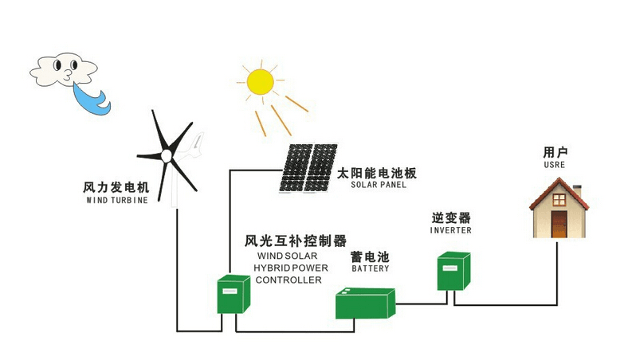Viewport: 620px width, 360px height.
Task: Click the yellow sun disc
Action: pos(260,82)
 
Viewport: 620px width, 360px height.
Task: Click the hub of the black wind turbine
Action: pos(167,154)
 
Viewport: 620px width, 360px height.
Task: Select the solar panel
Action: pos(308,167)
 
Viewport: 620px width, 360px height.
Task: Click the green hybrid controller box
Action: pos(234,294)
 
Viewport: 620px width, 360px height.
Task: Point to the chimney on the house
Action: pos(577,192)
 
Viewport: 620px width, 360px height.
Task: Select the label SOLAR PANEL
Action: pos(379,185)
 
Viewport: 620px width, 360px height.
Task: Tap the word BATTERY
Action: pos(371,269)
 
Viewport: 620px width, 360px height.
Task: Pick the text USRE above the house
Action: pos(554,165)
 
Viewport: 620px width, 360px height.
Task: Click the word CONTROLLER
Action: pos(289,280)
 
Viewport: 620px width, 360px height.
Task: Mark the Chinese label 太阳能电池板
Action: pos(377,172)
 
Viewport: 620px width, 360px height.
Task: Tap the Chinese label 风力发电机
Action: pos(116,188)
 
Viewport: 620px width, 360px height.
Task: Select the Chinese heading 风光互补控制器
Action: pos(296,241)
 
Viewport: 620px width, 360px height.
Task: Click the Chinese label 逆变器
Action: pos(451,217)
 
